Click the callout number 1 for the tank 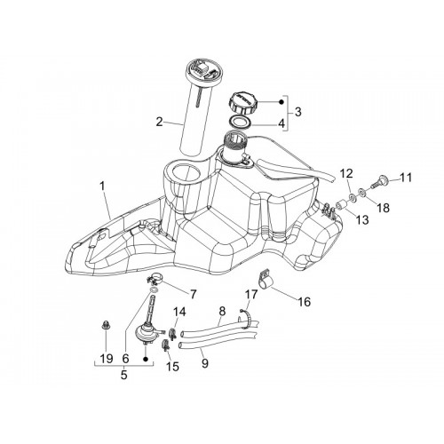(x=102, y=186)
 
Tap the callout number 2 (x=160, y=122)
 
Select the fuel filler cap (x=242, y=103)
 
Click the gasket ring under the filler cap (x=240, y=122)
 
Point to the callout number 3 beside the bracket (x=297, y=112)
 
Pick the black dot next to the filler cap (x=281, y=102)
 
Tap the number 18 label (x=384, y=208)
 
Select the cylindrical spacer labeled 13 (x=341, y=204)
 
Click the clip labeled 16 (x=266, y=279)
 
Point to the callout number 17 (x=251, y=295)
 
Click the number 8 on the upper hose (x=222, y=311)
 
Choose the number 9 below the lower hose (x=205, y=363)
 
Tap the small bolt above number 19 (x=104, y=324)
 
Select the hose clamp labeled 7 (x=155, y=279)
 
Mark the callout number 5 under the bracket (x=124, y=375)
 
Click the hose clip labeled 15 (x=167, y=345)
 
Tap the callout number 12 (x=346, y=172)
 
